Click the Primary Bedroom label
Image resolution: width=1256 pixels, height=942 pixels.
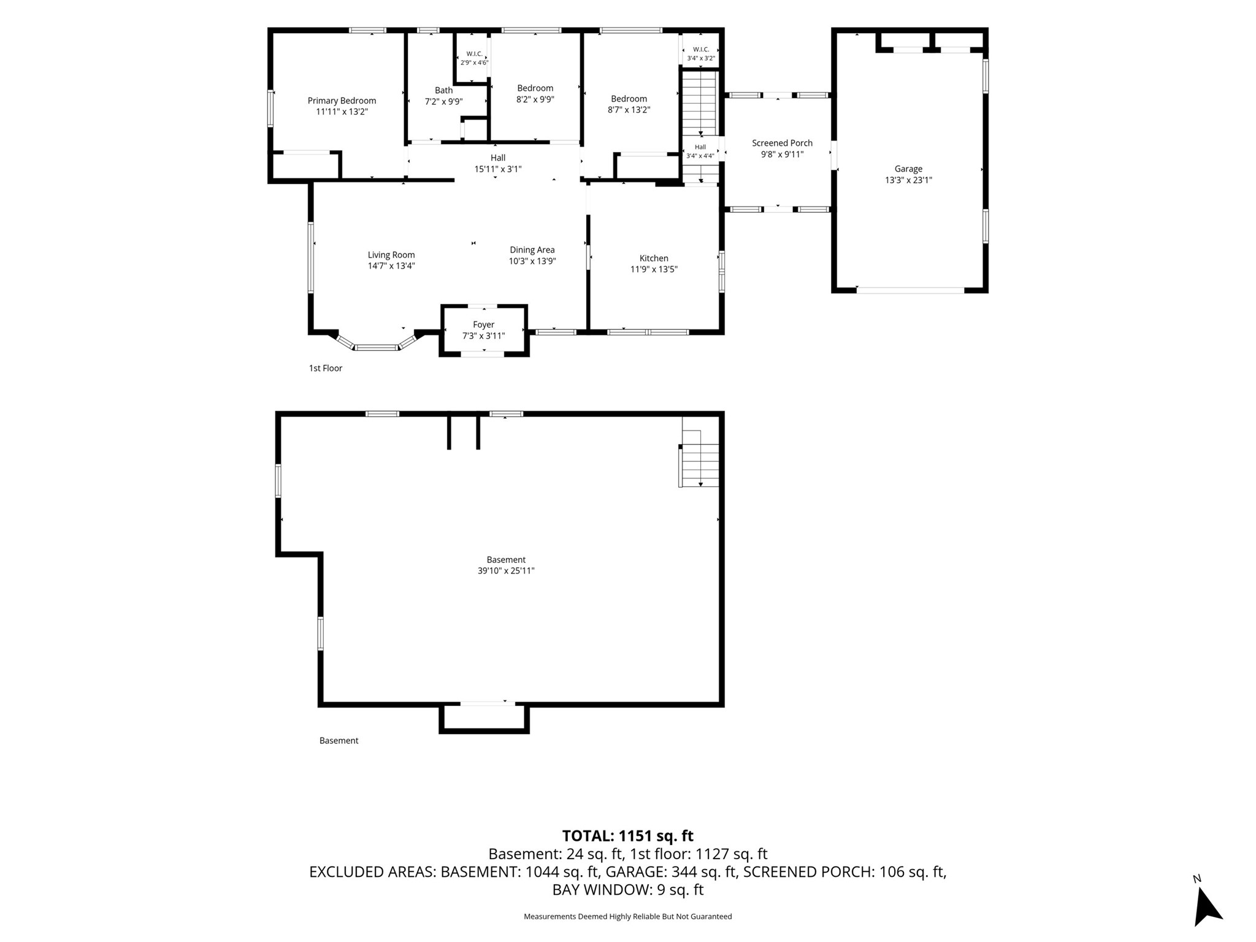point(342,101)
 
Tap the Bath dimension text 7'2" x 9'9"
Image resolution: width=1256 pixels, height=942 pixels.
point(443,102)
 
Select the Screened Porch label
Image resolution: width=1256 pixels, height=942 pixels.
point(782,143)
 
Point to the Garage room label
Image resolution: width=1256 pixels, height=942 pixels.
point(908,169)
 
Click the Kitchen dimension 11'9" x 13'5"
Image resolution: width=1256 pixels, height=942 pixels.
point(654,269)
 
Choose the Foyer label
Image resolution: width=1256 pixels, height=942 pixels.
point(483,324)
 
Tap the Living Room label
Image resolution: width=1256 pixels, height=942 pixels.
point(391,255)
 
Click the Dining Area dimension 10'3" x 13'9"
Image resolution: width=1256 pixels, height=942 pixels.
point(532,261)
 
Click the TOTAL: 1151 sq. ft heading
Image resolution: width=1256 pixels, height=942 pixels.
point(627,836)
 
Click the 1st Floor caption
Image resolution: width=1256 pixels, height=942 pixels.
point(325,368)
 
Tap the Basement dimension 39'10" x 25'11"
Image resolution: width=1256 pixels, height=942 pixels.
point(506,570)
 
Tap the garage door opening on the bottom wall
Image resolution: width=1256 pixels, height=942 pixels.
point(910,290)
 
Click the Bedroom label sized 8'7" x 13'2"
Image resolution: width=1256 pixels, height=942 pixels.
point(629,99)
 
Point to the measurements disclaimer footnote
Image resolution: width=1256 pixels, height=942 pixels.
point(627,916)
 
